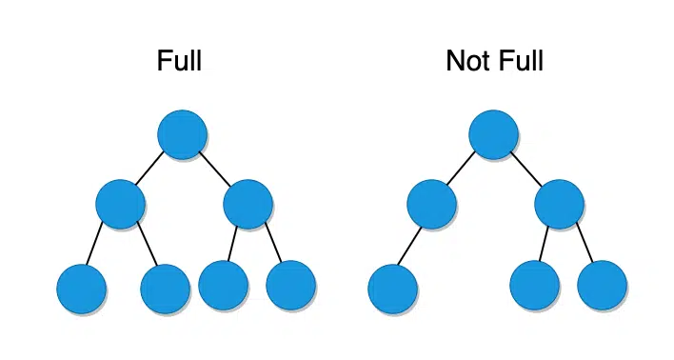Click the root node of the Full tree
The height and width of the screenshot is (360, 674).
pos(182,134)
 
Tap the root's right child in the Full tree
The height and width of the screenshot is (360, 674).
pos(248,203)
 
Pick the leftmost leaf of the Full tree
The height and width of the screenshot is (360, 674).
pos(81,289)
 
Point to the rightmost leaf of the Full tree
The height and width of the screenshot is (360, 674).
pos(290,285)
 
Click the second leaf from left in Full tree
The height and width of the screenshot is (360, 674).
pos(165,289)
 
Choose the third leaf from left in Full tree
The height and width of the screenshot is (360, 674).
pos(224,285)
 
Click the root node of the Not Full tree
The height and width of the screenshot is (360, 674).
pos(493,134)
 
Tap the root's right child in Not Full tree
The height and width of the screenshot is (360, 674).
pos(559,203)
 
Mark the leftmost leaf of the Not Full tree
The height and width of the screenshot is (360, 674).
pos(392,289)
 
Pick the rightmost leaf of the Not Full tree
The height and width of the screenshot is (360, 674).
pos(602,285)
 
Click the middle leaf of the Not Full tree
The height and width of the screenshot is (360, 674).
pos(534,285)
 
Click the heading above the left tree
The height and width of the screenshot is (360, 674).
pos(179,62)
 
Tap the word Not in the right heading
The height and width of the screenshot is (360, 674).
pos(467,62)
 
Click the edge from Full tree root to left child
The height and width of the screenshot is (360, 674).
pos(149,170)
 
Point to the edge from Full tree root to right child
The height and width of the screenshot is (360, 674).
pos(215,169)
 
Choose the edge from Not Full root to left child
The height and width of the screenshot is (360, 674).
pos(461,170)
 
